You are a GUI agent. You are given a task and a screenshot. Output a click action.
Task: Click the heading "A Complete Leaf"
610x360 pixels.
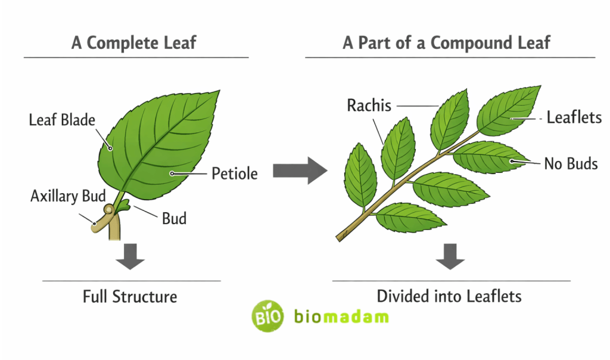coord(133,43)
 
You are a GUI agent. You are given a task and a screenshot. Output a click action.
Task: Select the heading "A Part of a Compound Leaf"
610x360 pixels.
coord(446,43)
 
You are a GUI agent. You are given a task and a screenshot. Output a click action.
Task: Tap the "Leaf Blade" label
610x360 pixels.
coord(62,120)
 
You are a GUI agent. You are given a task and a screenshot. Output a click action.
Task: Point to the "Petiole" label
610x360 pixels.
coord(235,173)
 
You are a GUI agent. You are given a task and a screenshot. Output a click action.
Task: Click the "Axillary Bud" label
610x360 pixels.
coord(68,195)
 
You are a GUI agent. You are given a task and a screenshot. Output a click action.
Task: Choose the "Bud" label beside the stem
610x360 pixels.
coord(174,218)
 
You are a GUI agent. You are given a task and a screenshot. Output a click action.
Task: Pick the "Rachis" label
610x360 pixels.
coord(369,105)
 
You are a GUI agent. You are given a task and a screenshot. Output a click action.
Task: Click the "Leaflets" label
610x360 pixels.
coord(574,117)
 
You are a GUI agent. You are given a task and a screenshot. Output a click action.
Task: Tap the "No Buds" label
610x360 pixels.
coord(571,163)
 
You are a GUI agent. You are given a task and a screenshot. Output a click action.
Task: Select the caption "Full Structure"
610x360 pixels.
coord(130,296)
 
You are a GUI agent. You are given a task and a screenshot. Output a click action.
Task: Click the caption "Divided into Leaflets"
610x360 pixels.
coord(449,296)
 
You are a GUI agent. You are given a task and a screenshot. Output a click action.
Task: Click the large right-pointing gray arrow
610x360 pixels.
coord(300,171)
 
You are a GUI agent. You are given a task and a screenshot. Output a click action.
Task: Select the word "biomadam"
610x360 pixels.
coord(341,316)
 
